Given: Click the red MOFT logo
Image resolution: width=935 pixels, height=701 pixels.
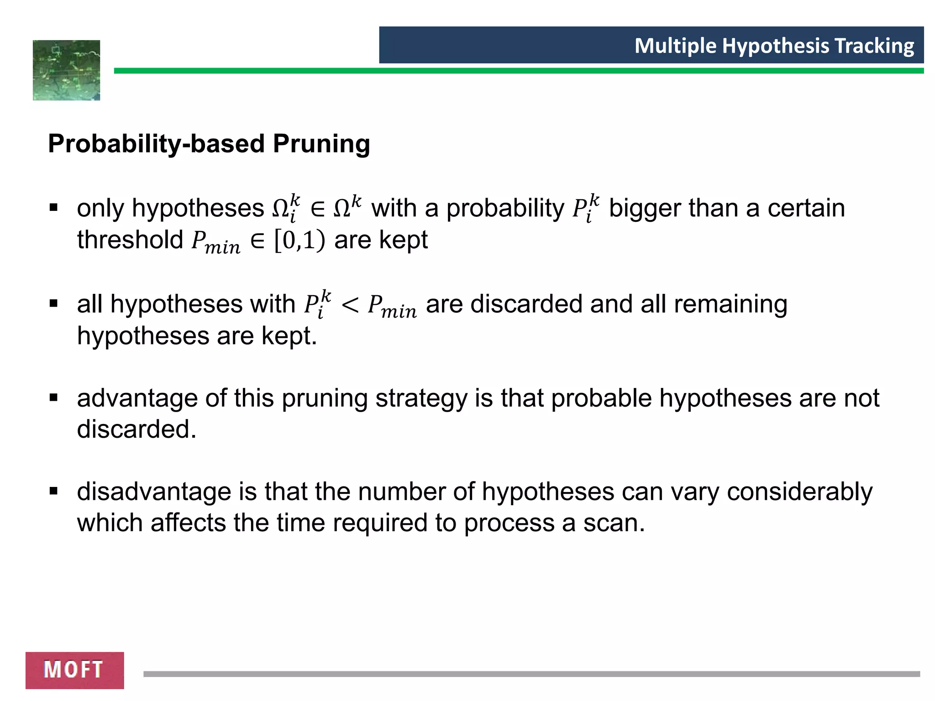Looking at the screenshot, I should click(74, 670).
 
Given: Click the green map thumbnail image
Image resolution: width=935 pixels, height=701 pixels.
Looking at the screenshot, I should click(67, 70).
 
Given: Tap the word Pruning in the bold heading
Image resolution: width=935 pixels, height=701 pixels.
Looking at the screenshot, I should click(321, 144).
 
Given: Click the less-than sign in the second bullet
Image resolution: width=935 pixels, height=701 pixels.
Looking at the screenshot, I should click(350, 305).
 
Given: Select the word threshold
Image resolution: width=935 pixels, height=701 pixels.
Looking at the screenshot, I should click(130, 240).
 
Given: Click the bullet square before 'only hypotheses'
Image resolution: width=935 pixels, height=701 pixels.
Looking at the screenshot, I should click(54, 208).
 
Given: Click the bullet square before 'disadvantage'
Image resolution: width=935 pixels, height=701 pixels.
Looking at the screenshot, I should click(54, 492).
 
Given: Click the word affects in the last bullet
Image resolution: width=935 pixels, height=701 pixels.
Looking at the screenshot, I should click(188, 523).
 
